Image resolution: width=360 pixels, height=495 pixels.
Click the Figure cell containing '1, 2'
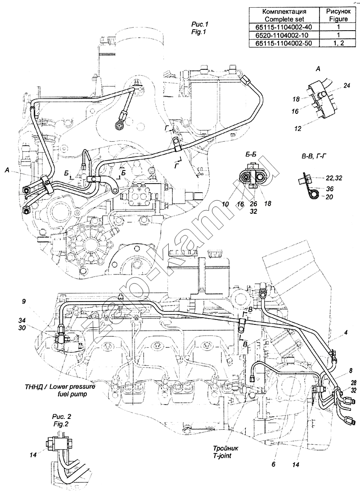337,43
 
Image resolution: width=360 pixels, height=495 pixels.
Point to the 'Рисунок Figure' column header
337,15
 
